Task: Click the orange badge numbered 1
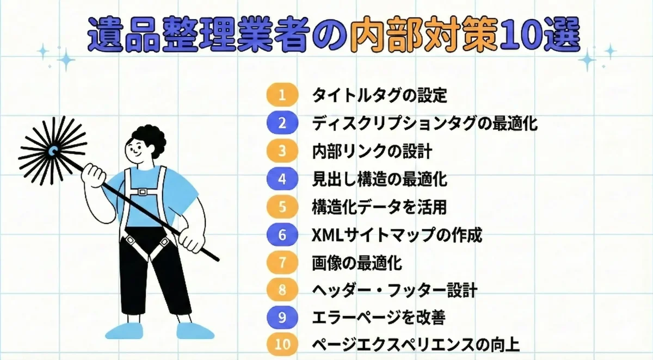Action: (x=282, y=95)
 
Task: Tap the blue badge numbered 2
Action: (x=282, y=122)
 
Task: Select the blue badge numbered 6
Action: (x=282, y=235)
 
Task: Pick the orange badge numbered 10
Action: (x=282, y=344)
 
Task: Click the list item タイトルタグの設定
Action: (x=380, y=95)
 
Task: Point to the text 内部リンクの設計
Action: (x=372, y=152)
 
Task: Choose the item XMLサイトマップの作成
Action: (x=397, y=235)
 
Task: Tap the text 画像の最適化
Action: (x=357, y=263)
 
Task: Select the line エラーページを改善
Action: (x=379, y=318)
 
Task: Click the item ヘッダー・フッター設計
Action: (x=395, y=290)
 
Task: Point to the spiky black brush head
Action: (x=52, y=151)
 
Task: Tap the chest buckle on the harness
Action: (x=142, y=192)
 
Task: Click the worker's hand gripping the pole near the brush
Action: (x=93, y=176)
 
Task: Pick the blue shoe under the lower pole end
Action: (x=195, y=331)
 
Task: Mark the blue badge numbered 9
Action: (x=282, y=317)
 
